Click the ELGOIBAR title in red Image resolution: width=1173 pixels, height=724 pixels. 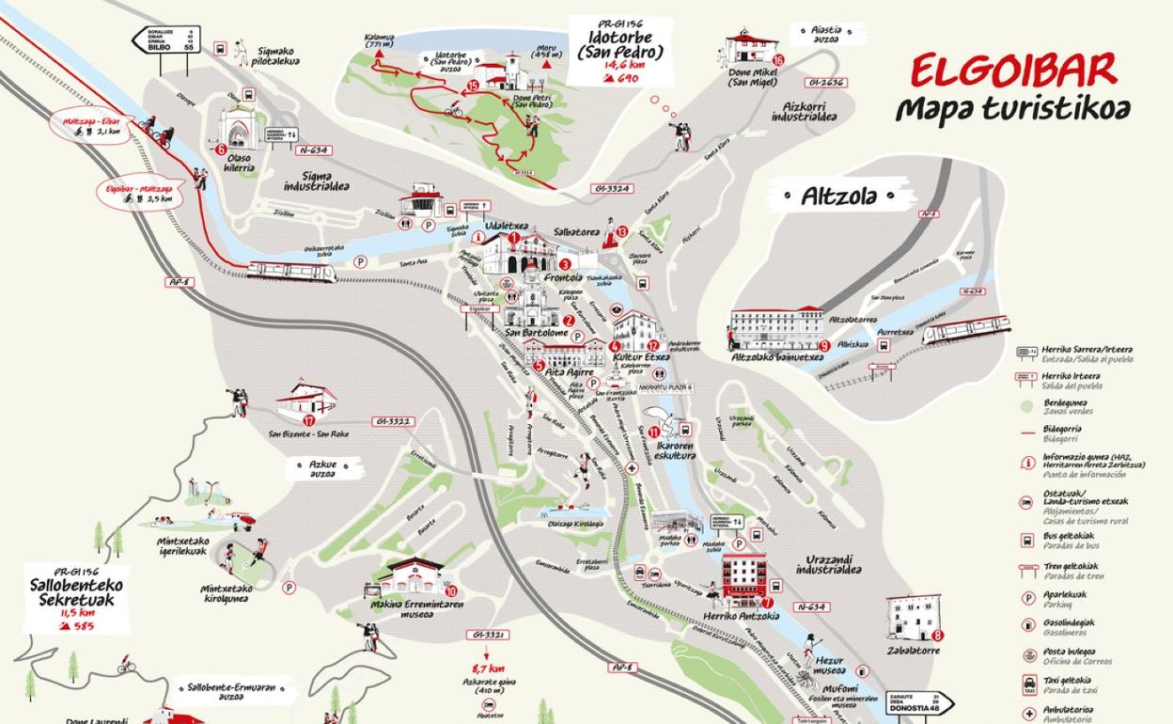point(1014,71)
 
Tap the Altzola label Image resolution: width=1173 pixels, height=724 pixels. point(838,197)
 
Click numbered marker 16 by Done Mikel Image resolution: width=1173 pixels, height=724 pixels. point(777,60)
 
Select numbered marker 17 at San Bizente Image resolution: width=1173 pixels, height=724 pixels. point(309,420)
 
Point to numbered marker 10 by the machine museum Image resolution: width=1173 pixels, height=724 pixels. point(451,591)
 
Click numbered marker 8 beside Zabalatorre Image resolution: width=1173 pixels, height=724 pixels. point(937,636)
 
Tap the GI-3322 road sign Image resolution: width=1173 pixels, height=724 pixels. point(393,421)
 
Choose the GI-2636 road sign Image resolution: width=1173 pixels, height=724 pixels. point(825,83)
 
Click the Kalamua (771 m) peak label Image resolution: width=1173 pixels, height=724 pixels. point(379,41)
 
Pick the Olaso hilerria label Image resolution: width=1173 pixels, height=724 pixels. point(240,164)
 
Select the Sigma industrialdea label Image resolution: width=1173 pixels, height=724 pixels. point(316,181)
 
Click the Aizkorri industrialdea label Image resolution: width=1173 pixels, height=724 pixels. point(804,112)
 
